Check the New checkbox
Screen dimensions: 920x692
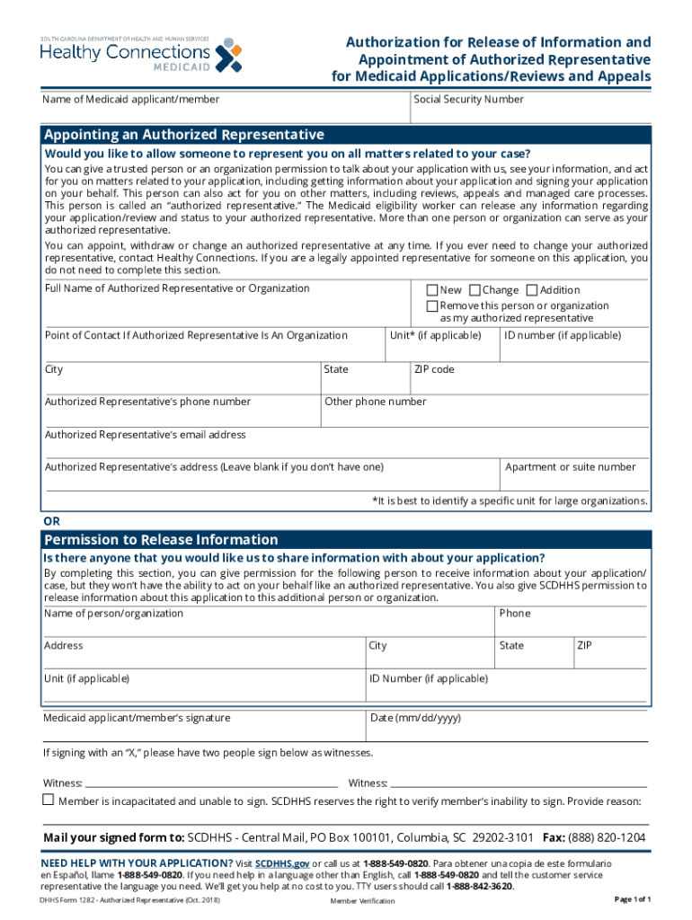click(432, 290)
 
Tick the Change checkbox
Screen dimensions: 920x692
click(475, 290)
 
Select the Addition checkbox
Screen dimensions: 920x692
click(531, 290)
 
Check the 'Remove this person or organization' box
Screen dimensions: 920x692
click(432, 305)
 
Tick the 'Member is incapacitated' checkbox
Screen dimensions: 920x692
click(49, 800)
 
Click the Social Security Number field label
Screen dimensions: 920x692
click(468, 100)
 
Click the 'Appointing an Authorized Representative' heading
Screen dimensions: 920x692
click(184, 135)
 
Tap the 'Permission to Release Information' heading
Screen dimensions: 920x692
click(161, 540)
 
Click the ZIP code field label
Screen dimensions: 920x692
click(434, 369)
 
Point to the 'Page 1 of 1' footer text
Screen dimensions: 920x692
click(632, 899)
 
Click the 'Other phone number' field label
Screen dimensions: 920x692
click(376, 402)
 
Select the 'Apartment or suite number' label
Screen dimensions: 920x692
click(571, 467)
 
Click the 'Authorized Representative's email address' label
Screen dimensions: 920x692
click(145, 435)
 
